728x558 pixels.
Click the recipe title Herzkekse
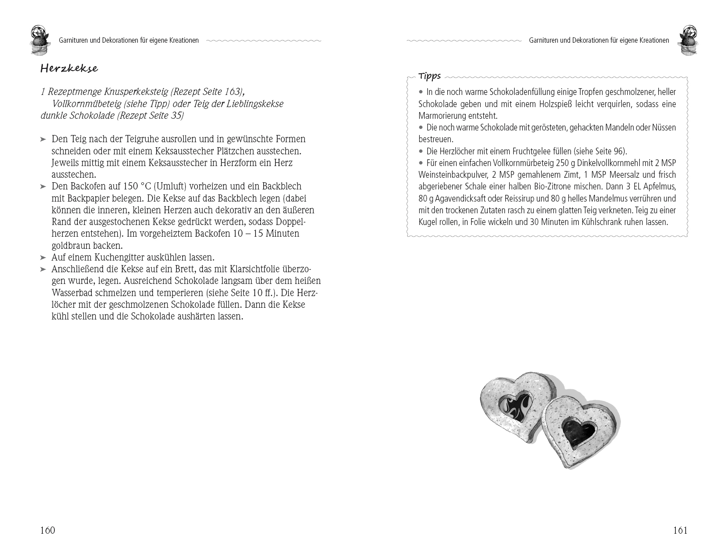tap(69, 69)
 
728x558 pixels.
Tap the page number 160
tap(47, 530)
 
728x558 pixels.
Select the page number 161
tap(680, 530)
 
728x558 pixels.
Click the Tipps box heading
tap(429, 76)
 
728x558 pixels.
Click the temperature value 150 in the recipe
tap(130, 187)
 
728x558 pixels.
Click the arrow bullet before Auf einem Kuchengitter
tap(43, 258)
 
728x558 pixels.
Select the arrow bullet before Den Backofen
tap(43, 187)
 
